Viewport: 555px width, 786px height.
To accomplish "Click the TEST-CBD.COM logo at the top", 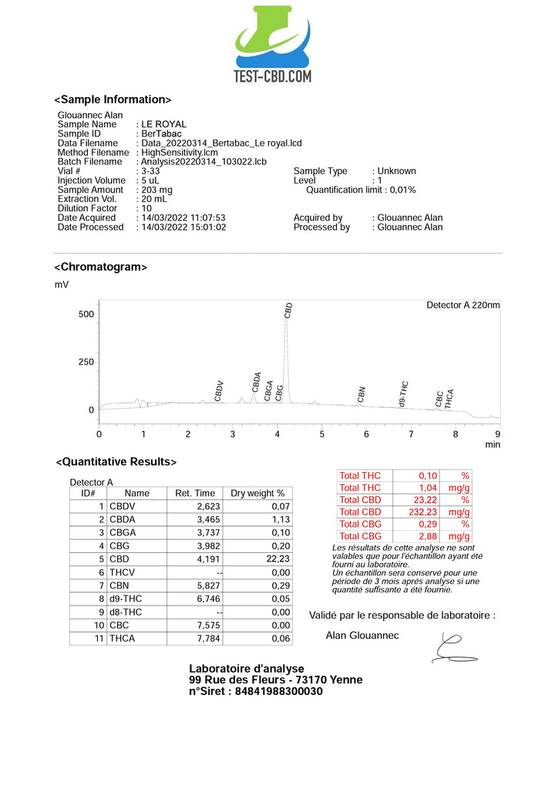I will pos(273,45).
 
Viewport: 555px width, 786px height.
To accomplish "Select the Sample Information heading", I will pos(113,100).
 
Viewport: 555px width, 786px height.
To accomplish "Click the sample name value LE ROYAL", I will pos(163,124).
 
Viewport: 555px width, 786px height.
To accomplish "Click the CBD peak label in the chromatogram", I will pos(288,311).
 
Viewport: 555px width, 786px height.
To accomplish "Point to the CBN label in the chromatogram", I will pos(361,394).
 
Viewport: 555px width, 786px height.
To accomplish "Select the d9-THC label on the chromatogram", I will pos(403,393).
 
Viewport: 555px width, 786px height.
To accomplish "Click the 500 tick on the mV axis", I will pos(85,314).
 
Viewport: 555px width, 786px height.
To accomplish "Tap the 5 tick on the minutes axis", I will pos(322,434).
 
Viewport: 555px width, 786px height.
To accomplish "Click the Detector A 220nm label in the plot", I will pos(462,305).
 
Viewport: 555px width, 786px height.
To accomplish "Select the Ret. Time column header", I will pos(195,493).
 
